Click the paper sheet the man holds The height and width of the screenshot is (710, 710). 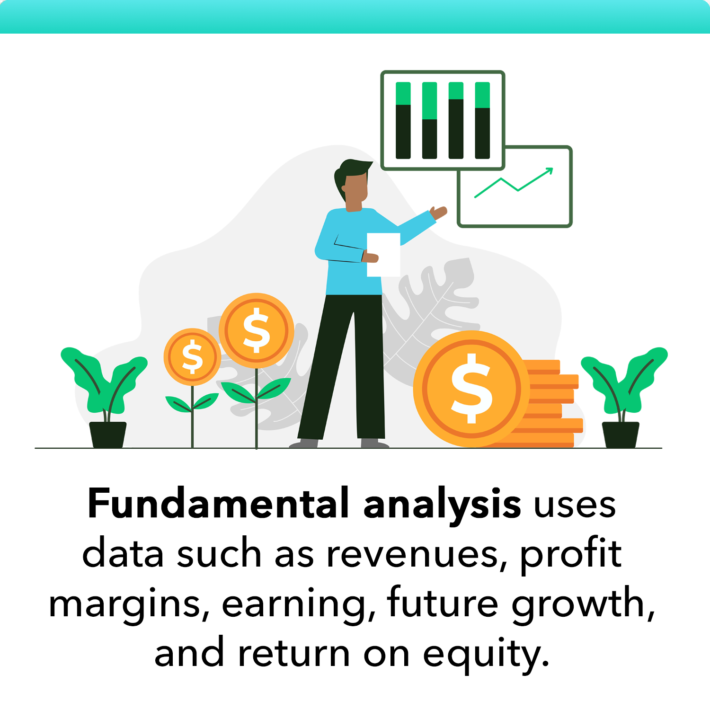click(x=383, y=255)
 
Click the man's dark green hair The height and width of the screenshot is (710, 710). click(x=353, y=169)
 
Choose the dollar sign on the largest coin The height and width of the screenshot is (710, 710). click(x=471, y=388)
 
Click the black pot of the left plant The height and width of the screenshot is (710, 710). click(x=108, y=435)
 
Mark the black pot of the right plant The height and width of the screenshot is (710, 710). click(x=621, y=435)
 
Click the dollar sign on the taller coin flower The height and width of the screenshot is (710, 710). click(x=256, y=330)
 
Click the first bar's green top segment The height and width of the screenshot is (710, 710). click(x=403, y=93)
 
